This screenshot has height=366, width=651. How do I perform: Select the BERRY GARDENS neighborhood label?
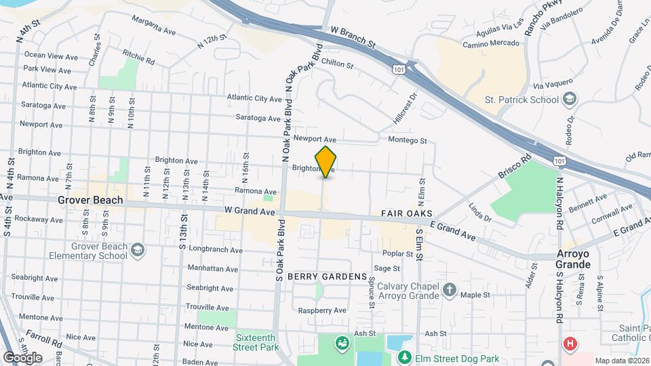coord(327,277)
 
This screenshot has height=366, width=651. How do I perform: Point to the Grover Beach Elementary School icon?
coord(138,250)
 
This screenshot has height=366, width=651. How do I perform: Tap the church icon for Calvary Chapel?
coord(449,290)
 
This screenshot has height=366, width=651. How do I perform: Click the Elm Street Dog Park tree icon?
coord(405,357)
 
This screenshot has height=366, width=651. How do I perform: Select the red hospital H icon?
coord(570,344)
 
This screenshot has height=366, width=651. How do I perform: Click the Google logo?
coord(22,357)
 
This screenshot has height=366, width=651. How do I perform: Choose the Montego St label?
coord(407,141)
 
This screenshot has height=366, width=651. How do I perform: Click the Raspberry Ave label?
coord(322,310)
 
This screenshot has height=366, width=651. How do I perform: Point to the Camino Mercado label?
coord(491,44)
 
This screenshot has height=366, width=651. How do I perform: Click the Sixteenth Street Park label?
coord(258,342)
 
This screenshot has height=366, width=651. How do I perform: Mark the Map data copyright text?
coord(620,360)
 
